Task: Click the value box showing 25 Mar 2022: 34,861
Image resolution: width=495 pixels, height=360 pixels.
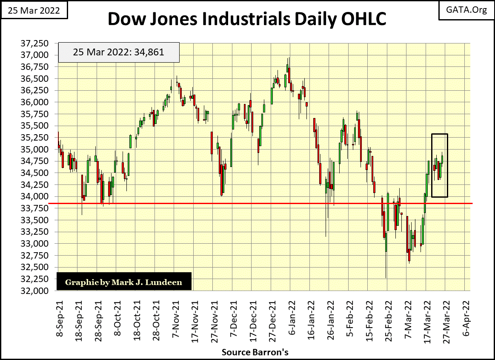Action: click(118, 52)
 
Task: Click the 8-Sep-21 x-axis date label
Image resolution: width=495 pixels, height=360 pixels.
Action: click(60, 317)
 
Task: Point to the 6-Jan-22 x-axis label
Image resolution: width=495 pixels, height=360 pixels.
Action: click(293, 318)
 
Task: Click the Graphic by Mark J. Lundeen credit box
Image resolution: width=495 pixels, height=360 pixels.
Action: click(124, 282)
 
